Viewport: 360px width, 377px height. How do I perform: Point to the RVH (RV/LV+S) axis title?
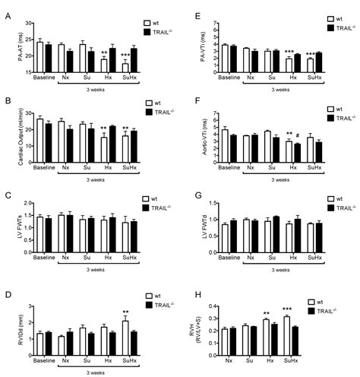coord(200,319)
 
